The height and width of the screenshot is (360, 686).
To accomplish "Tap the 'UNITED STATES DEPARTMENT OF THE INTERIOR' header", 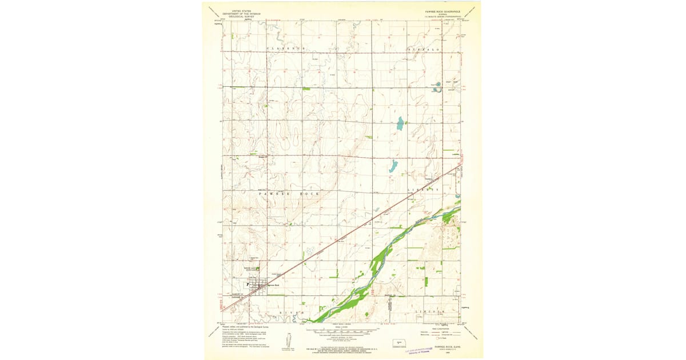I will pos(240,13).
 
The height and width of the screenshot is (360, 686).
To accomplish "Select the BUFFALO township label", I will pos(424,50).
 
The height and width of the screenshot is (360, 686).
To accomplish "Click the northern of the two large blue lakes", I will pos(400,123).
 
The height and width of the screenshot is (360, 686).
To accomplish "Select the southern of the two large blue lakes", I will pos(393,167).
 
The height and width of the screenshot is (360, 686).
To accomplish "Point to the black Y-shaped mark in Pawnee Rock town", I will pos(247,283).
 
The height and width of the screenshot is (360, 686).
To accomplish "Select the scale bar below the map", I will pos(342,330).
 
